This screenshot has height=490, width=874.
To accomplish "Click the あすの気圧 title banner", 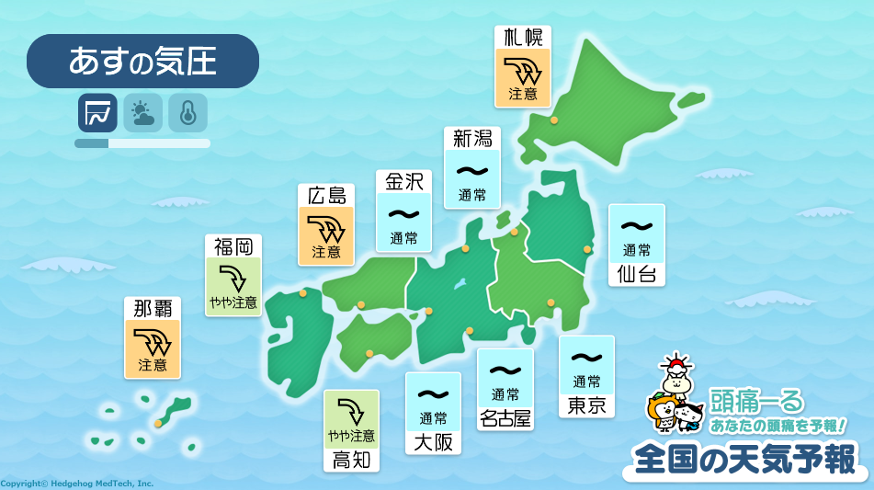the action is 142,61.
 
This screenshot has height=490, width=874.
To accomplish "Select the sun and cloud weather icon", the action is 142,113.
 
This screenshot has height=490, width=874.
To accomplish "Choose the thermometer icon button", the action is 187,113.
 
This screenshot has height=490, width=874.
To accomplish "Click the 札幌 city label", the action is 523,38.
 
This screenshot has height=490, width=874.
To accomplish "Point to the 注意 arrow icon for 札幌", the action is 523,68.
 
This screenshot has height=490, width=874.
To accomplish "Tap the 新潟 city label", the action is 472,139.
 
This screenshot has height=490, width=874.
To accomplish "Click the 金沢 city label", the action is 403,181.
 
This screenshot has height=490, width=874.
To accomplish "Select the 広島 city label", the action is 326,195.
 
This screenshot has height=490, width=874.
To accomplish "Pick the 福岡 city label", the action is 233,245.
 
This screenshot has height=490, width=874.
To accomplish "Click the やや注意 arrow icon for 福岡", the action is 233,276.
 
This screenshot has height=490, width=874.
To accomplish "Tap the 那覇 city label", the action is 153,308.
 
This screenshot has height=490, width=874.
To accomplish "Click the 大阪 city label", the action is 432,442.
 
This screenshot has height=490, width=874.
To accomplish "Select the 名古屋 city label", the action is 505,418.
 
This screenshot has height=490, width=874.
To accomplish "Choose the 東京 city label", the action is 587,405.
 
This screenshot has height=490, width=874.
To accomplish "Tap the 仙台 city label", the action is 637,273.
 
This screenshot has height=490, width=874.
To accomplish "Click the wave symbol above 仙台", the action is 637,225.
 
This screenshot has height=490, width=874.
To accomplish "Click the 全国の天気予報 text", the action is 744,457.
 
